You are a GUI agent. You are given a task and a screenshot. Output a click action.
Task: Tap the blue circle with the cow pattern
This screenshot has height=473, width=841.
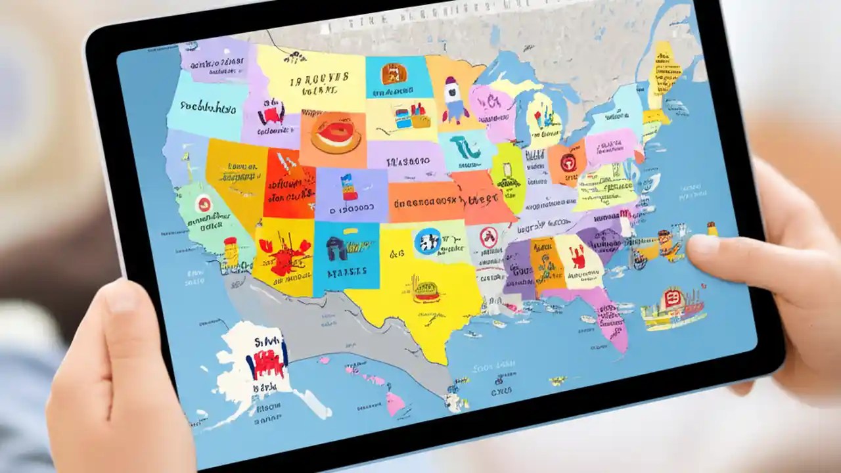pos(428,241)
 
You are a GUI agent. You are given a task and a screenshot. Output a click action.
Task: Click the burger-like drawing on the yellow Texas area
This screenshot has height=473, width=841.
pos(426,292)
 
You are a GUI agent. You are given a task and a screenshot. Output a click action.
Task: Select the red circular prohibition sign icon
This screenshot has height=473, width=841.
pos(488,237)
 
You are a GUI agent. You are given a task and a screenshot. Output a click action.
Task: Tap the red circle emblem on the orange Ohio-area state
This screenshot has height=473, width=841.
pos(568,161)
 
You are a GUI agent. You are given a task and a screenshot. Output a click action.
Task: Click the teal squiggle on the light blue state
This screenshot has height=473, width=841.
pos(468,146)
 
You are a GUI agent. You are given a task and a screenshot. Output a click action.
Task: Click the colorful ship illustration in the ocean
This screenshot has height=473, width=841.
pos(672,306)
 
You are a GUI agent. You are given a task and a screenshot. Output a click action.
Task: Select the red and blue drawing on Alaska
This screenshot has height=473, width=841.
pos(266,358)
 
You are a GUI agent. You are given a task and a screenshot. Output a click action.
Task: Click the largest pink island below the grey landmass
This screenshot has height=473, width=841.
pos(396,402)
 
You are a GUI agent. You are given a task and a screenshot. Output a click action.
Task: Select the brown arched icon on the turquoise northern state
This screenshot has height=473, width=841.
pos(392,73)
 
